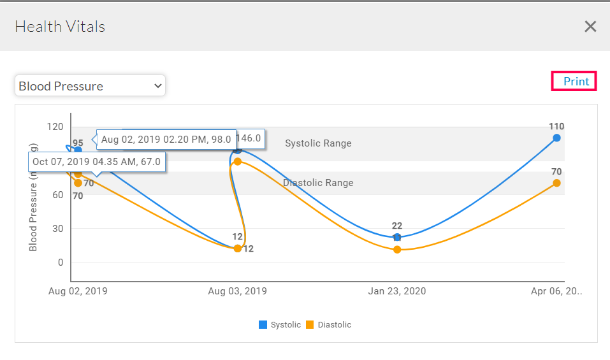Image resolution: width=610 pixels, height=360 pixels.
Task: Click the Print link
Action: (576, 82)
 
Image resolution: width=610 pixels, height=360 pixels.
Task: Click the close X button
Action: (590, 26)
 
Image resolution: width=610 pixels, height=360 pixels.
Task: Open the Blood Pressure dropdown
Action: (90, 86)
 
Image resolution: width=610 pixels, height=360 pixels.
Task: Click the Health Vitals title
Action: (60, 27)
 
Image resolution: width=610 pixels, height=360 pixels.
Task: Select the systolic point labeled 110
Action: (556, 138)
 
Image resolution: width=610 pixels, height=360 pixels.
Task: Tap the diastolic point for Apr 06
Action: (556, 183)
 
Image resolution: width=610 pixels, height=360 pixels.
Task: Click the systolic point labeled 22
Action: (397, 237)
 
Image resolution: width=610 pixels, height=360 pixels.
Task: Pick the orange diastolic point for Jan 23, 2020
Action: (397, 249)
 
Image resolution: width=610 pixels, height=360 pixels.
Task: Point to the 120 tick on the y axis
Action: (55, 127)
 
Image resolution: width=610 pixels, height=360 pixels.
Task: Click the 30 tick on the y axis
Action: (58, 228)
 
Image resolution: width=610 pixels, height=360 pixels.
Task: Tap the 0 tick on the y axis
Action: (61, 262)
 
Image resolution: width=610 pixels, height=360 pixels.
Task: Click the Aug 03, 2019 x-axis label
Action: (237, 291)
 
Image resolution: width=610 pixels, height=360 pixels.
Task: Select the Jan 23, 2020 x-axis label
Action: (397, 291)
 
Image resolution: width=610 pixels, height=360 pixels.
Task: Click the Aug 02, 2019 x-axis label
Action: (78, 291)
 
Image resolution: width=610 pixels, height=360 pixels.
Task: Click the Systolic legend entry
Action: (280, 325)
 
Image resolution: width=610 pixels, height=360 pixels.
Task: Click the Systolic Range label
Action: (318, 143)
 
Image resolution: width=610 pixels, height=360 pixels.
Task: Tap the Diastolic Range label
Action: (318, 183)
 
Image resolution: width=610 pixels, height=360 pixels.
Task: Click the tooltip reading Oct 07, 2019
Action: (96, 162)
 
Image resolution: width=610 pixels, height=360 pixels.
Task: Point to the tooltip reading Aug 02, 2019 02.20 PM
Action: (166, 140)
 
